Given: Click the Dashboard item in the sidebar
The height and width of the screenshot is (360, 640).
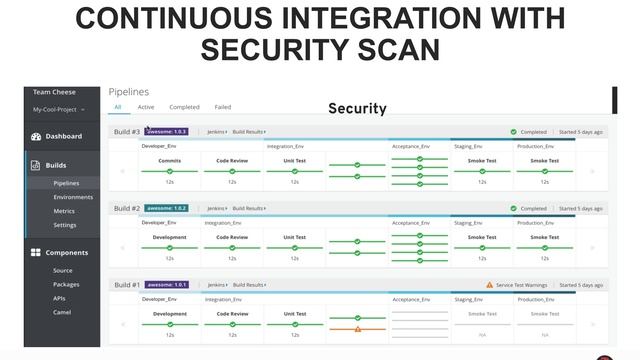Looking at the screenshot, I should (x=63, y=136).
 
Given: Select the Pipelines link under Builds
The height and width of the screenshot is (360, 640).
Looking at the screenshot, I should (x=66, y=183).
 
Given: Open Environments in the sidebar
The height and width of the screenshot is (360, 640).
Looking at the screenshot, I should (x=73, y=197).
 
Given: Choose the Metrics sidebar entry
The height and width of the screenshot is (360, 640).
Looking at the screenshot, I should (x=64, y=211).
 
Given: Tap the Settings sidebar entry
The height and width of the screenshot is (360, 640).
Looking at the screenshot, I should (x=64, y=225).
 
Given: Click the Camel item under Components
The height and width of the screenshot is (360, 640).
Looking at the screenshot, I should (x=62, y=312).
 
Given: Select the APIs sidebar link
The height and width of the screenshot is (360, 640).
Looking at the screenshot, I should (x=60, y=298).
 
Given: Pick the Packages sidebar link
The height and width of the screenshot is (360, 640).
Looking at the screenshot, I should (x=66, y=284).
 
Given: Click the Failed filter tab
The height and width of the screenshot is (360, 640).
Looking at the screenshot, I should (x=222, y=107).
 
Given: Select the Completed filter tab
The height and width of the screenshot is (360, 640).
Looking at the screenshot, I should (x=184, y=107).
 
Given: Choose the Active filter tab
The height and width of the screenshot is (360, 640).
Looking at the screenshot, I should (x=146, y=107).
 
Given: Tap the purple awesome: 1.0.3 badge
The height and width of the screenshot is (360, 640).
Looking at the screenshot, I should (x=166, y=131).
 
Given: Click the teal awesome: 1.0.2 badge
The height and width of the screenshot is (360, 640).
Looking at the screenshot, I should (x=166, y=208).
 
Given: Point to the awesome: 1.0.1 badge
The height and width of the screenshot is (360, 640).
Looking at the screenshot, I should (x=166, y=285).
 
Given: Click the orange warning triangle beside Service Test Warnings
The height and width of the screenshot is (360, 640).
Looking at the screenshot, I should (x=489, y=285).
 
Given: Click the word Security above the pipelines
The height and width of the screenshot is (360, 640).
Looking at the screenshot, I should (x=357, y=108).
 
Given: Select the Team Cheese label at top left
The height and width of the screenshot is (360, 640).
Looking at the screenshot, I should (x=54, y=92).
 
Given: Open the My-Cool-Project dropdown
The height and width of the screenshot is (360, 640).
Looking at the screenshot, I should (x=59, y=109).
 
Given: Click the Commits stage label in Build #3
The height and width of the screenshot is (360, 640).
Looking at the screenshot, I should (x=170, y=160).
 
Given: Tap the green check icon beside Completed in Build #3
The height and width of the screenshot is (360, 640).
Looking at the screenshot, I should (x=513, y=131).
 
